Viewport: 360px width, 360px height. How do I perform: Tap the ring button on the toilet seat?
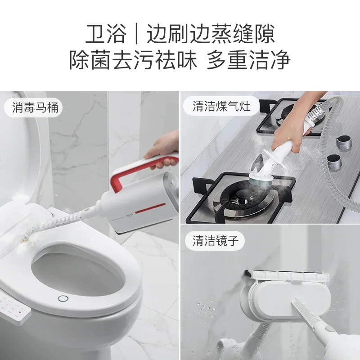click(62, 298)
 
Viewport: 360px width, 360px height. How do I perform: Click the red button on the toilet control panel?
click(19, 312)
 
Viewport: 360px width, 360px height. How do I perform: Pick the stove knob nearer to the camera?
click(333, 161)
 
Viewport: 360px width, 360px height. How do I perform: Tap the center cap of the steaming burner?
click(245, 198)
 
